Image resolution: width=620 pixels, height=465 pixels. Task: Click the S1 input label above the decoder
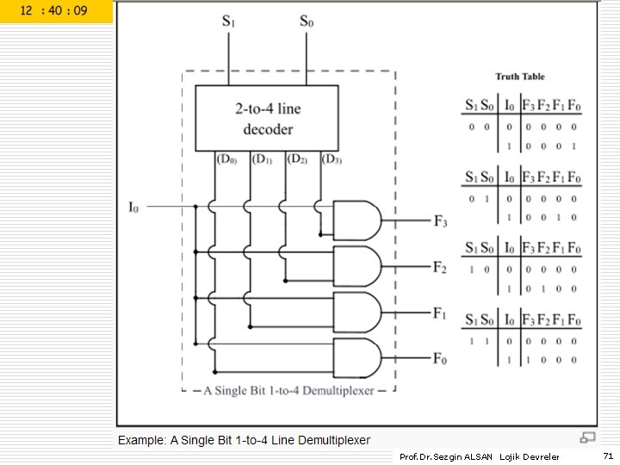[228, 22]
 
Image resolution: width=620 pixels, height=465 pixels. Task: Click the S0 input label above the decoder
[307, 22]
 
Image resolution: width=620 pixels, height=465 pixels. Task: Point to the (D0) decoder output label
[226, 159]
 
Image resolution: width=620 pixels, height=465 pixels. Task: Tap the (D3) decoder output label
[332, 159]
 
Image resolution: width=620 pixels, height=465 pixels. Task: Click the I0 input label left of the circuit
[133, 207]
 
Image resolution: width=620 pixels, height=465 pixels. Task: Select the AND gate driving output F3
[356, 220]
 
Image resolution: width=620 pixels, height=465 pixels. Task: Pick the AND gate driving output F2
[356, 266]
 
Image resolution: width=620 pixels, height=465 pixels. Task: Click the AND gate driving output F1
[356, 312]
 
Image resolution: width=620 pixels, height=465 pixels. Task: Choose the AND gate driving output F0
[356, 357]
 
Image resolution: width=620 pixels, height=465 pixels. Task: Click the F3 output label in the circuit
[440, 221]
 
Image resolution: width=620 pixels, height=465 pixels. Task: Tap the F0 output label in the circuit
[440, 358]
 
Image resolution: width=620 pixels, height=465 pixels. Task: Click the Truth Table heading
[519, 77]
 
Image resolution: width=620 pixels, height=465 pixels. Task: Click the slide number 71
[607, 455]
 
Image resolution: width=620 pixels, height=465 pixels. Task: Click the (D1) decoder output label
[262, 159]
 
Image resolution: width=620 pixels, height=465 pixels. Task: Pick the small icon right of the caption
[587, 438]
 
